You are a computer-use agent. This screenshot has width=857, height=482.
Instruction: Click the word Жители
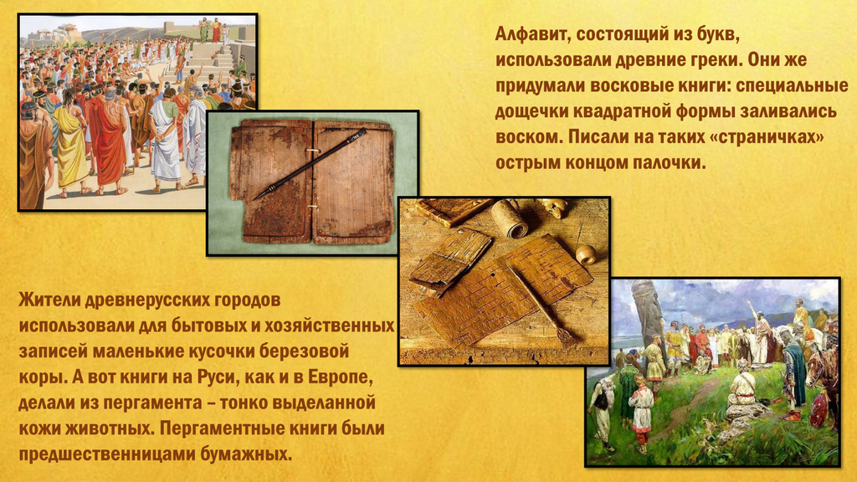click(x=49, y=300)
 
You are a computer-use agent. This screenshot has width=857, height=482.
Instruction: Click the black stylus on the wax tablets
click(x=310, y=164)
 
